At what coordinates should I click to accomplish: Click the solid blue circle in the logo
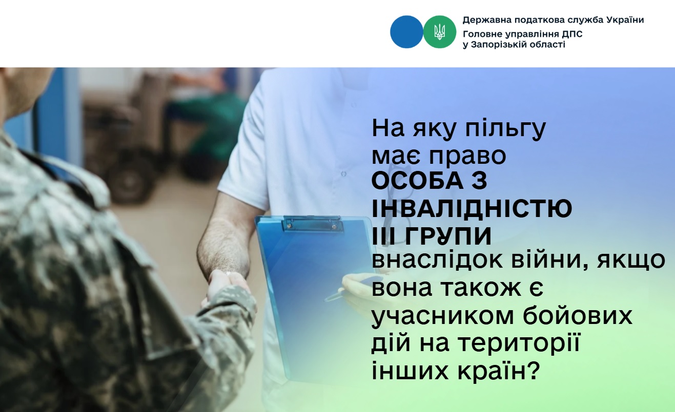pos(406,32)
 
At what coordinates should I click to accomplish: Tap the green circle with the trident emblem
pos(440,32)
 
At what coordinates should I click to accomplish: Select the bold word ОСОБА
pos(417,181)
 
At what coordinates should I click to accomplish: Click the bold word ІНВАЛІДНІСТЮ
pos(472,208)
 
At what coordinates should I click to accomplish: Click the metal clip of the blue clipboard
pos(312,224)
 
